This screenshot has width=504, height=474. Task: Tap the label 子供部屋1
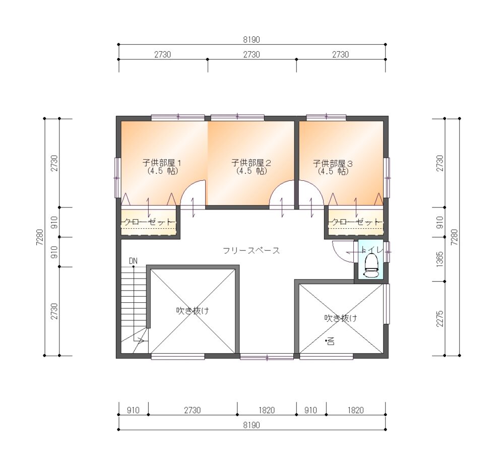[162, 163]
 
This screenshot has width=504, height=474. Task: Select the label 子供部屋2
[251, 163]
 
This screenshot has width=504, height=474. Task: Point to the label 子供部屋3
[333, 164]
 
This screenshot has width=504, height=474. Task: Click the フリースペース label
[251, 250]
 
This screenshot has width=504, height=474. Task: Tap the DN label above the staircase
[133, 261]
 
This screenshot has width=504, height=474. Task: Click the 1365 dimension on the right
[440, 259]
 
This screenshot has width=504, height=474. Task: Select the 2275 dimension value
[440, 318]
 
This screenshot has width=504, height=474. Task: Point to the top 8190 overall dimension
[251, 39]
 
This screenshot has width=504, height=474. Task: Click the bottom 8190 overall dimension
[251, 425]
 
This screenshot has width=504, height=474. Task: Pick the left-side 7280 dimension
[39, 237]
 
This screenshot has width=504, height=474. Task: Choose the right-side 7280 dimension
[455, 237]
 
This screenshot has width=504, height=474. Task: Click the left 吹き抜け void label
[193, 310]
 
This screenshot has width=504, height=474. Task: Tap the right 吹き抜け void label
[340, 318]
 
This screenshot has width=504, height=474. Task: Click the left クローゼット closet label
[149, 222]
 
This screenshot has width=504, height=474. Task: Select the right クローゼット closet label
[356, 222]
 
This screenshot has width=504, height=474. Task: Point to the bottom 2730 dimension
[192, 410]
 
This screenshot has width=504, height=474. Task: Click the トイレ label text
[371, 250]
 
